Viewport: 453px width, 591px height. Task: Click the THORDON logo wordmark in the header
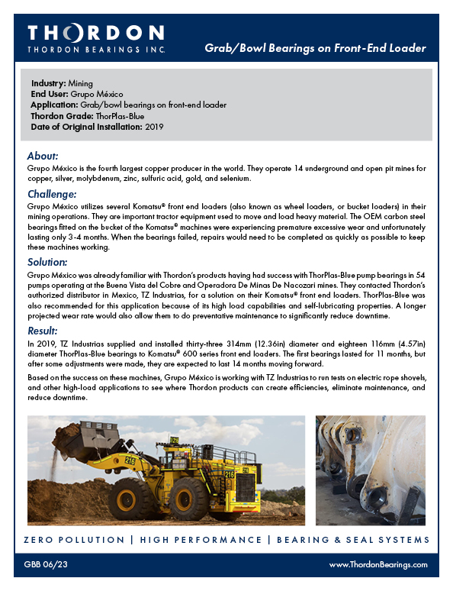point(95,33)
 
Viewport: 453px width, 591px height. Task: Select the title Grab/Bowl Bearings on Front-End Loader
point(315,48)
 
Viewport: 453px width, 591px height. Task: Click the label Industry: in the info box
point(50,83)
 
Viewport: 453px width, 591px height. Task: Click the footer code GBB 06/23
point(47,564)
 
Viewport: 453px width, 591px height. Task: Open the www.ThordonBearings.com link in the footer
point(377,564)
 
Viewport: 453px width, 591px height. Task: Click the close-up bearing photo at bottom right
point(370,470)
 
